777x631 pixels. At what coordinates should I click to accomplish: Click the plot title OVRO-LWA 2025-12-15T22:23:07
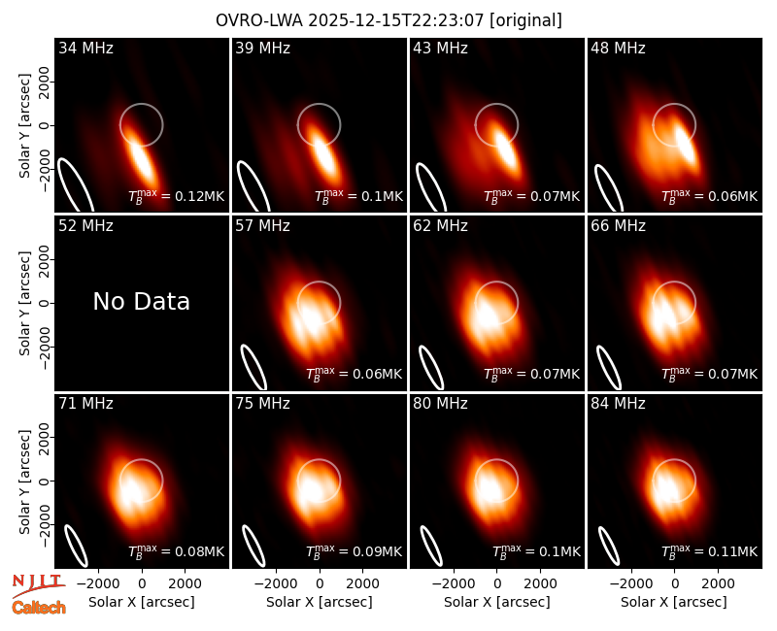pos(351,20)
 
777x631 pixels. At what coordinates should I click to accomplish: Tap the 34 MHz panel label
pos(85,48)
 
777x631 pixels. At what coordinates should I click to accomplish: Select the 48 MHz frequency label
pos(618,48)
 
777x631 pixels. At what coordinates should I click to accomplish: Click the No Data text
pos(141,301)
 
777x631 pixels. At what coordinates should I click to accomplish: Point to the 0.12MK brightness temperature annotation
pos(177,196)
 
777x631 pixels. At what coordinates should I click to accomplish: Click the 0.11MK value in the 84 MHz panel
pos(709,550)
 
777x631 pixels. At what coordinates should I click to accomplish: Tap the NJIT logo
pos(38,584)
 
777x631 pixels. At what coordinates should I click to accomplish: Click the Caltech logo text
pos(39,608)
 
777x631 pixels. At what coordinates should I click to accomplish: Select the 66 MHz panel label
pos(618,226)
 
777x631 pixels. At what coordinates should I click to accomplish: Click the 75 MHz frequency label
pos(262,404)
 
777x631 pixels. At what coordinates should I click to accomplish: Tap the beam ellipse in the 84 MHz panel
pos(609,546)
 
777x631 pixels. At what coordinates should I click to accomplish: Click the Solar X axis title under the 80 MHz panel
pos(496,602)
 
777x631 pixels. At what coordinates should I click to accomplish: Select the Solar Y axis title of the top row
pos(24,125)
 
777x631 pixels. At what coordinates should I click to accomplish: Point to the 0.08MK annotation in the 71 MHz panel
pos(177,550)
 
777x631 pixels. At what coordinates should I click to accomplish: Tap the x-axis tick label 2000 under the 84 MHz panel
pos(718,583)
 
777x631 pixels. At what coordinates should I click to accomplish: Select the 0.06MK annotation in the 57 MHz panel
pos(354,374)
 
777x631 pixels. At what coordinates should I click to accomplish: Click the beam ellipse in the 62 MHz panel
pos(431,367)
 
